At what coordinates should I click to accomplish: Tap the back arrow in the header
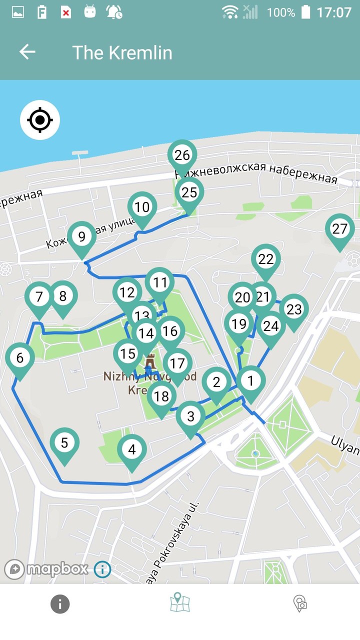(27, 52)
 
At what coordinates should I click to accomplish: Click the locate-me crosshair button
(40, 120)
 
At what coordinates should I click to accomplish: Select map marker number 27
(339, 229)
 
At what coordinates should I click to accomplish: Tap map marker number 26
(182, 155)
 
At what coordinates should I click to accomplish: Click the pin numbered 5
(64, 443)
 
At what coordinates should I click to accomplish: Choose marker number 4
(131, 450)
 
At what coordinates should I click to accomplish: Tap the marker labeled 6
(19, 358)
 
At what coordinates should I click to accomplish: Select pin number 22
(266, 259)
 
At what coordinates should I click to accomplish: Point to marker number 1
(250, 381)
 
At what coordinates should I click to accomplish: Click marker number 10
(142, 207)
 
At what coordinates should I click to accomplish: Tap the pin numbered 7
(39, 297)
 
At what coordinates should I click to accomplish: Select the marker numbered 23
(294, 309)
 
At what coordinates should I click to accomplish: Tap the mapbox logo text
(57, 569)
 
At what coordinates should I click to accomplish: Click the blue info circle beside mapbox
(102, 569)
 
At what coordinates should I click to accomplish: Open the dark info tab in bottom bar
(60, 604)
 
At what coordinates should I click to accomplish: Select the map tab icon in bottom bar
(179, 603)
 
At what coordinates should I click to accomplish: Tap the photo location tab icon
(300, 603)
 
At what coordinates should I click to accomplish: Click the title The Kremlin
(122, 52)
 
